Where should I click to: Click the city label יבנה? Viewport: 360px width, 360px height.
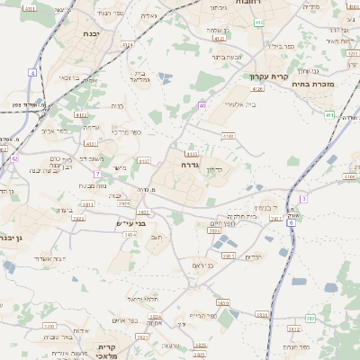click(91, 33)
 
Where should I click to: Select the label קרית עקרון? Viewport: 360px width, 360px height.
click(269, 76)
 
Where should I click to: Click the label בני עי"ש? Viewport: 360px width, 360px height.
click(130, 222)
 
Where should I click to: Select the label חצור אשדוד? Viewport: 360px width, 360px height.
click(49, 258)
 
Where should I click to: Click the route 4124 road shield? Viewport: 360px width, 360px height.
click(127, 43)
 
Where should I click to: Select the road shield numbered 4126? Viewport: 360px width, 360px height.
click(258, 89)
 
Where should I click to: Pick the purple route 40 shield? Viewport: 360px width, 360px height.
click(202, 106)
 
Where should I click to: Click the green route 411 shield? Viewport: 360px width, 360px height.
click(330, 115)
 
